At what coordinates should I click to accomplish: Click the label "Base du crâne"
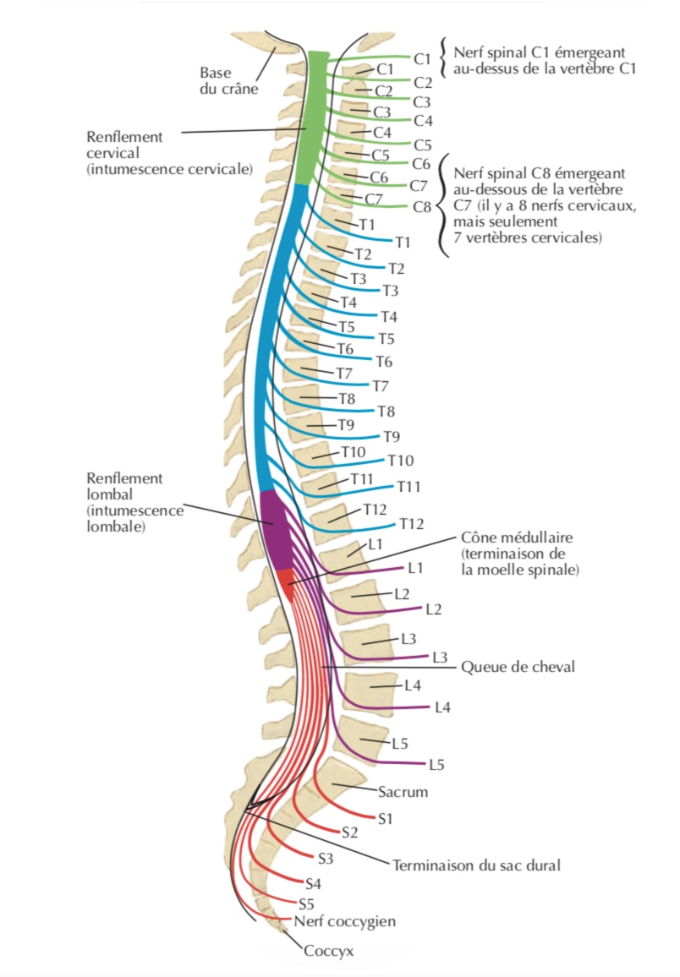pyautogui.click(x=228, y=79)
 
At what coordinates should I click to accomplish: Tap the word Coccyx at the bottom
pyautogui.click(x=328, y=951)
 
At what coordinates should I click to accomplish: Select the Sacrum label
pyautogui.click(x=403, y=792)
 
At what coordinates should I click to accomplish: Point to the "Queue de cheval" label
pyautogui.click(x=518, y=667)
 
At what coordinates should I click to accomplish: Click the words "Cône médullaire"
pyautogui.click(x=518, y=538)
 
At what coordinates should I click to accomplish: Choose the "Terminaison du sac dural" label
pyautogui.click(x=476, y=865)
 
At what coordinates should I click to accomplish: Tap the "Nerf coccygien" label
pyautogui.click(x=345, y=920)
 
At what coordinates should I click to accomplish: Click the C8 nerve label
pyautogui.click(x=422, y=206)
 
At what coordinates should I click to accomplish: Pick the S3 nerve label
pyautogui.click(x=326, y=860)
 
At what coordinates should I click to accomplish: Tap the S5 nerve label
pyautogui.click(x=306, y=903)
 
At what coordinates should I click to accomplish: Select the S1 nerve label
pyautogui.click(x=387, y=818)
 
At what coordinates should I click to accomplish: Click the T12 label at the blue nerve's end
pyautogui.click(x=411, y=524)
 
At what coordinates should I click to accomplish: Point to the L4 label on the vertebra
pyautogui.click(x=412, y=685)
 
